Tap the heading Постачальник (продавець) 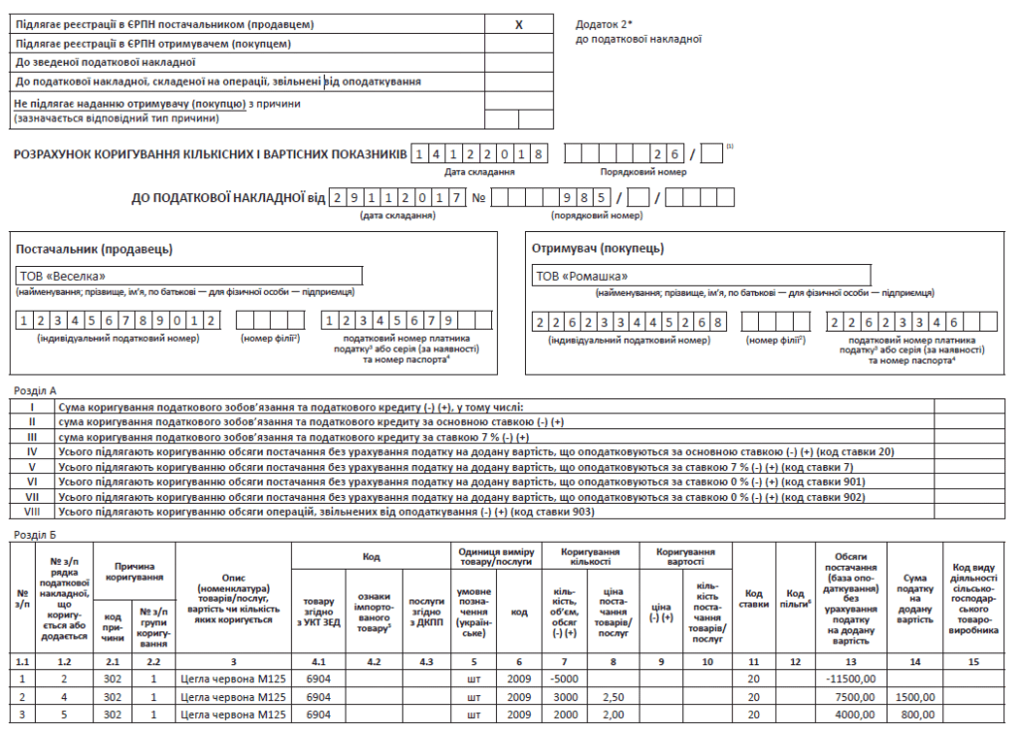[x=94, y=248]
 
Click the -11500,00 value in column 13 [x=852, y=678]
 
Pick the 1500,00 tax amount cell [x=914, y=696]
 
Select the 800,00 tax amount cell [x=918, y=714]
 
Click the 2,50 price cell [x=614, y=696]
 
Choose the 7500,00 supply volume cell [x=855, y=696]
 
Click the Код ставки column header [x=753, y=598]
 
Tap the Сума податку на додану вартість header [x=914, y=598]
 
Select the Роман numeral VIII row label [x=32, y=512]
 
